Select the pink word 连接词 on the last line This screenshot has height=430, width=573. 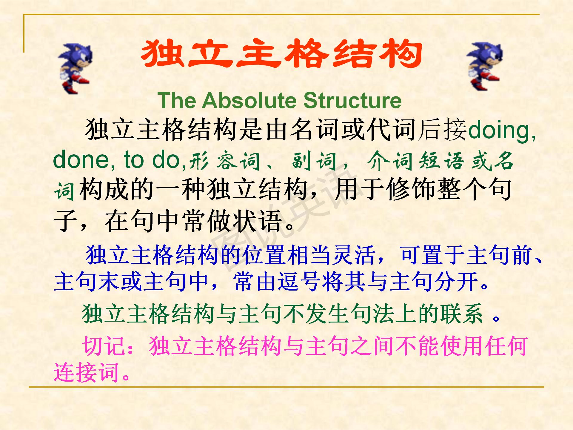click(87, 372)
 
